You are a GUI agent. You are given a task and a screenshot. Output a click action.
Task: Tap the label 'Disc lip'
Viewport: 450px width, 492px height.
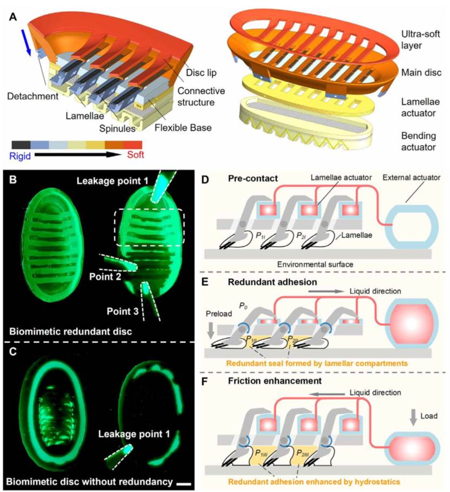pos(201,73)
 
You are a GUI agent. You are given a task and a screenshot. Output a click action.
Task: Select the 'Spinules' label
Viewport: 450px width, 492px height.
pos(117,128)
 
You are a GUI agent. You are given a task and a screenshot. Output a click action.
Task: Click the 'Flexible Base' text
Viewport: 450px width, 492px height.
pos(183,128)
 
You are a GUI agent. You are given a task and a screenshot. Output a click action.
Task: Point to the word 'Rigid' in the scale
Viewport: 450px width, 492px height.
pos(20,156)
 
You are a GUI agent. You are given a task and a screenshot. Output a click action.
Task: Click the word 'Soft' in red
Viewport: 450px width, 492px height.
pos(135,155)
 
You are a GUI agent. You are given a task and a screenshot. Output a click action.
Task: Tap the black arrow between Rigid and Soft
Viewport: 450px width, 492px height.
pos(78,155)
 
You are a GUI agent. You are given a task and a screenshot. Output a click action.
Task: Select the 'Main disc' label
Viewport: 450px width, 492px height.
pos(421,73)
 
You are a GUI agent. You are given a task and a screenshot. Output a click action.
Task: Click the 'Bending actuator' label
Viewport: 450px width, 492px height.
pos(419,141)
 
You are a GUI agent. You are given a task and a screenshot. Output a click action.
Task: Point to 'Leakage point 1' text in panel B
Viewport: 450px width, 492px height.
pos(112,181)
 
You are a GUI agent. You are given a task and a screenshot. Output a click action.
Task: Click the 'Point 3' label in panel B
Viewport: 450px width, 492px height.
pos(122,311)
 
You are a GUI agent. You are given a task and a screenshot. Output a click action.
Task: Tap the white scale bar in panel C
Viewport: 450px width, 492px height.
pos(184,484)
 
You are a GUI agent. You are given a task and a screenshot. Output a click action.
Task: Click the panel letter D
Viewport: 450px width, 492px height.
pos(205,180)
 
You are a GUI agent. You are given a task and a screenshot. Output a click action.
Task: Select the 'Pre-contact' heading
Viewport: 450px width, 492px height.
pos(253,179)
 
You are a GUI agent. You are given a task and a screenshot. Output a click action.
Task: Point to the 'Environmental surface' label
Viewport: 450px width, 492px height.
pos(315,264)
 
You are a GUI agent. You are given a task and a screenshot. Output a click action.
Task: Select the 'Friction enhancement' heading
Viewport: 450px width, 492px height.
pos(275,381)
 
